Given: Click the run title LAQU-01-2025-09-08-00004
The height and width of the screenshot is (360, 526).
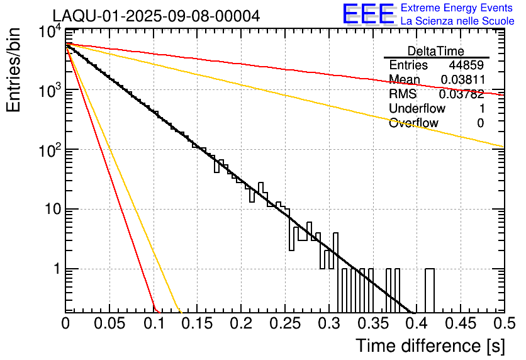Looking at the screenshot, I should click(156, 16).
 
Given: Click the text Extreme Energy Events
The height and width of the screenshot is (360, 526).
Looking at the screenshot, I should click(457, 8).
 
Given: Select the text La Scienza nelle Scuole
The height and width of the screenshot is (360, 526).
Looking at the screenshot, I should click(457, 21).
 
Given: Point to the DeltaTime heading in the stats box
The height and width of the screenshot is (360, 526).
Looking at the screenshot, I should click(436, 51).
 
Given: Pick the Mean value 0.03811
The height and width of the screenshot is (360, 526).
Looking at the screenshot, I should click(462, 80).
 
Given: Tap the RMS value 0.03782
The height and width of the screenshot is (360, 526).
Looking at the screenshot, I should click(462, 94).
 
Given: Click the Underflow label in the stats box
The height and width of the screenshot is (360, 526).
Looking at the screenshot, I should click(417, 109).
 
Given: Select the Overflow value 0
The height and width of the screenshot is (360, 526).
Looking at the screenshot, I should click(480, 123).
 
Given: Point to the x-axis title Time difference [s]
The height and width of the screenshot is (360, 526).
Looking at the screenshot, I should click(429, 346).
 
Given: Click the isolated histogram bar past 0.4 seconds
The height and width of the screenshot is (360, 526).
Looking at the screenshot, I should click(430, 290).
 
